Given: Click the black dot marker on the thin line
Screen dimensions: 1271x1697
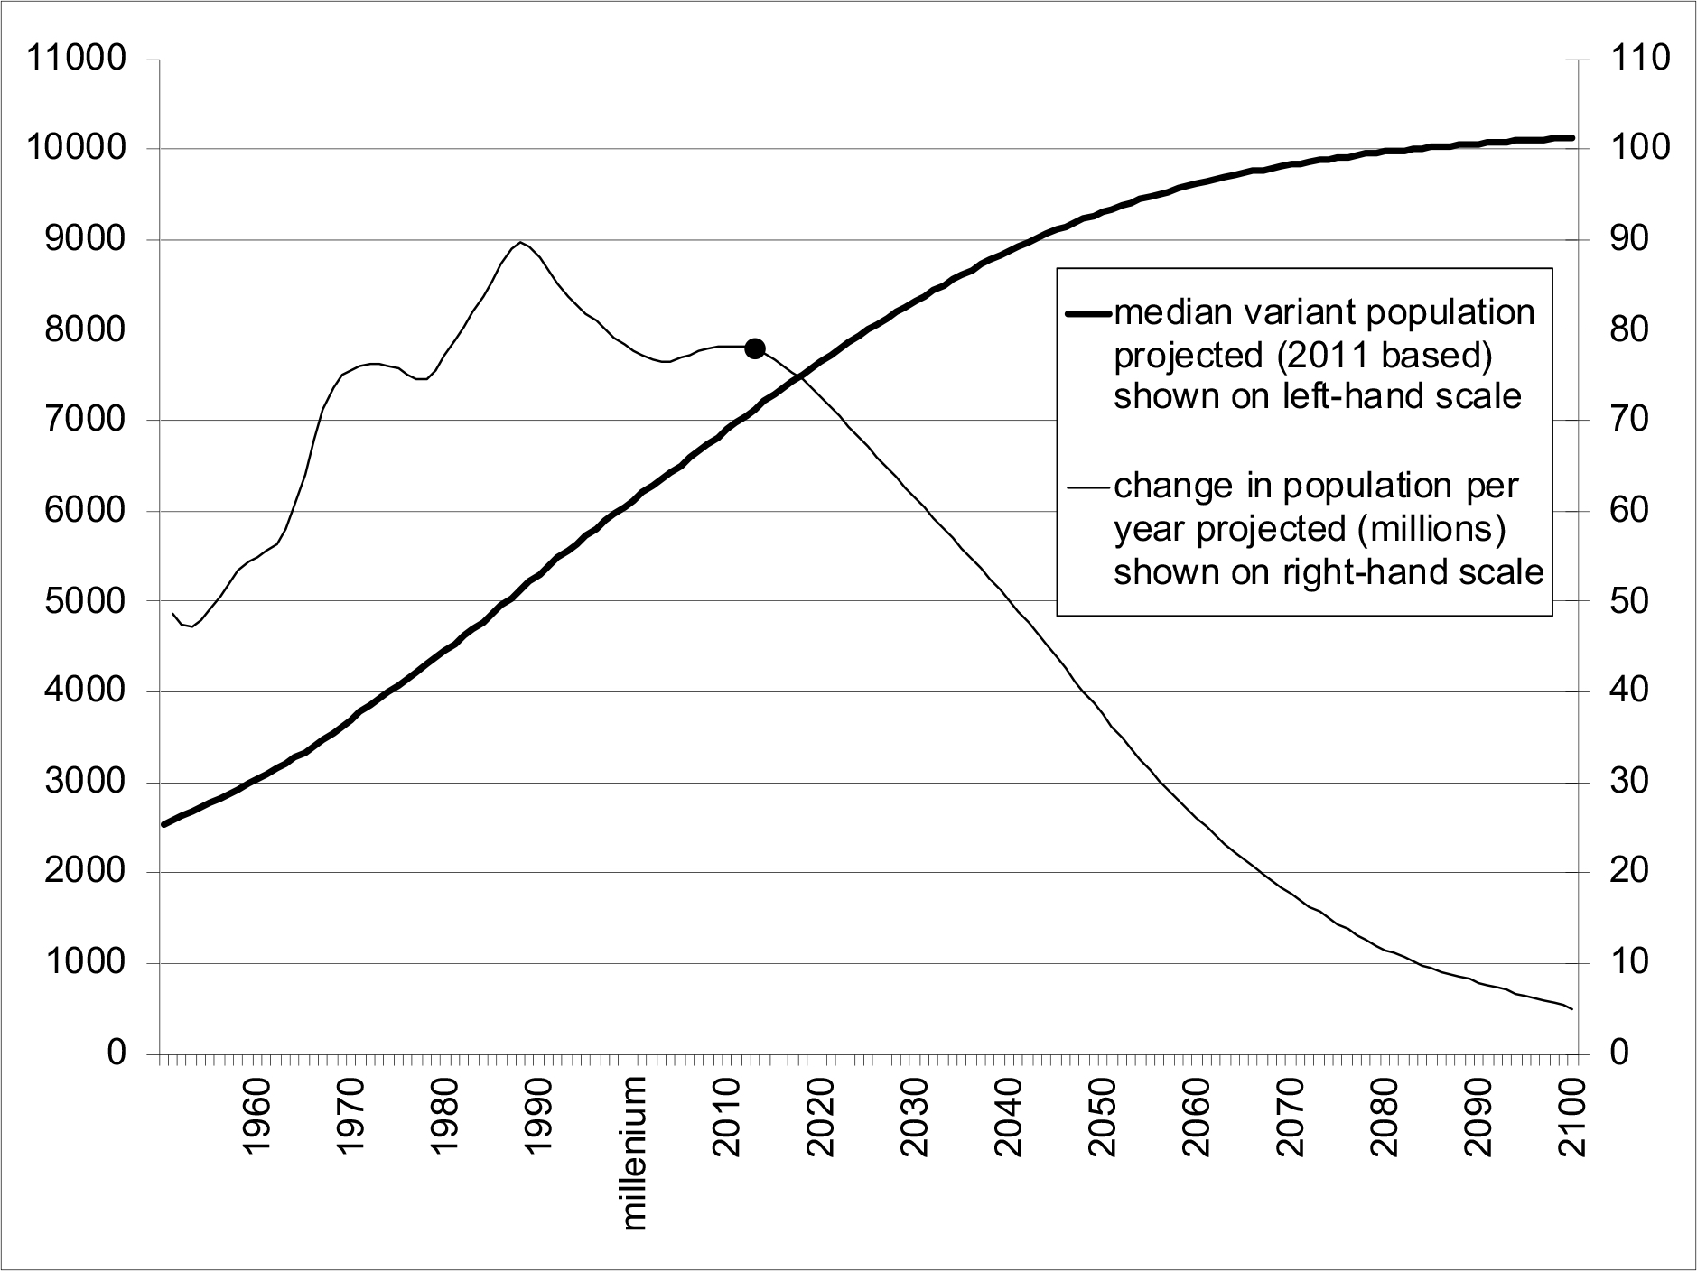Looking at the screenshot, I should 755,348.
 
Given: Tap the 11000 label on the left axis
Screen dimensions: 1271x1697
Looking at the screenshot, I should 76,60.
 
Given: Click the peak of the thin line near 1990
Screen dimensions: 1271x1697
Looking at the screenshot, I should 521,242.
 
